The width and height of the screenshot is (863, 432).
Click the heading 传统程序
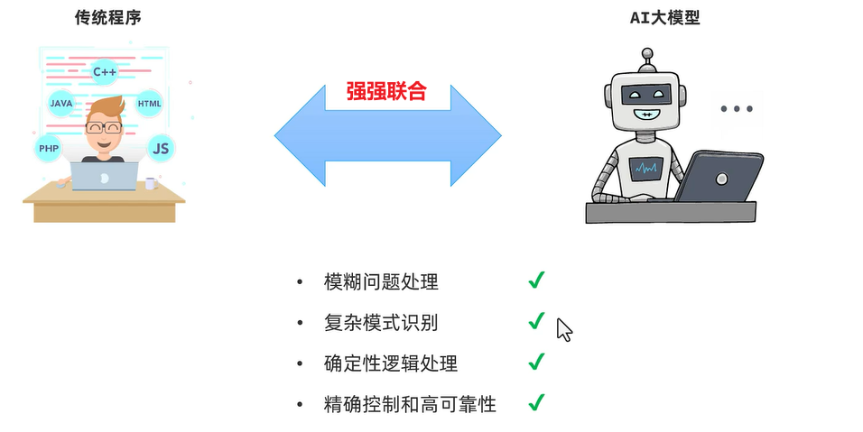point(107,17)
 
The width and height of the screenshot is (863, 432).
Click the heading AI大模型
point(664,17)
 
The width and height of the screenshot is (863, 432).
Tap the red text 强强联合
point(385,91)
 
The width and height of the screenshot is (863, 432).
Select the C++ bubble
point(106,70)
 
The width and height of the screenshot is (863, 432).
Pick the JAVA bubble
point(61,104)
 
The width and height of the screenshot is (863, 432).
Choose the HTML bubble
point(149,104)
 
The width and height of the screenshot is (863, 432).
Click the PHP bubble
point(48,148)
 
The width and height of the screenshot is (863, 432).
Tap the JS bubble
point(161,148)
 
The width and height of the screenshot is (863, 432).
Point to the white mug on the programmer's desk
point(151,183)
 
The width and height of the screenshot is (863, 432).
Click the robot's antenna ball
point(646,53)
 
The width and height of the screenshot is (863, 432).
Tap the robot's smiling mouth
point(646,115)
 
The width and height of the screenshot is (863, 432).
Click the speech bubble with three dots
point(737,109)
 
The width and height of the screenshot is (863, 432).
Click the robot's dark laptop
point(718,177)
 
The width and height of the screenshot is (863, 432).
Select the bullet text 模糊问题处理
point(380,281)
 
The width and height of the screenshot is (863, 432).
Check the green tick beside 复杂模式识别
point(536,320)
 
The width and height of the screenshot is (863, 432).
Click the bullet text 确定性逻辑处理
point(390,363)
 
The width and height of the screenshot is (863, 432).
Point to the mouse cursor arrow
point(563,328)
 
